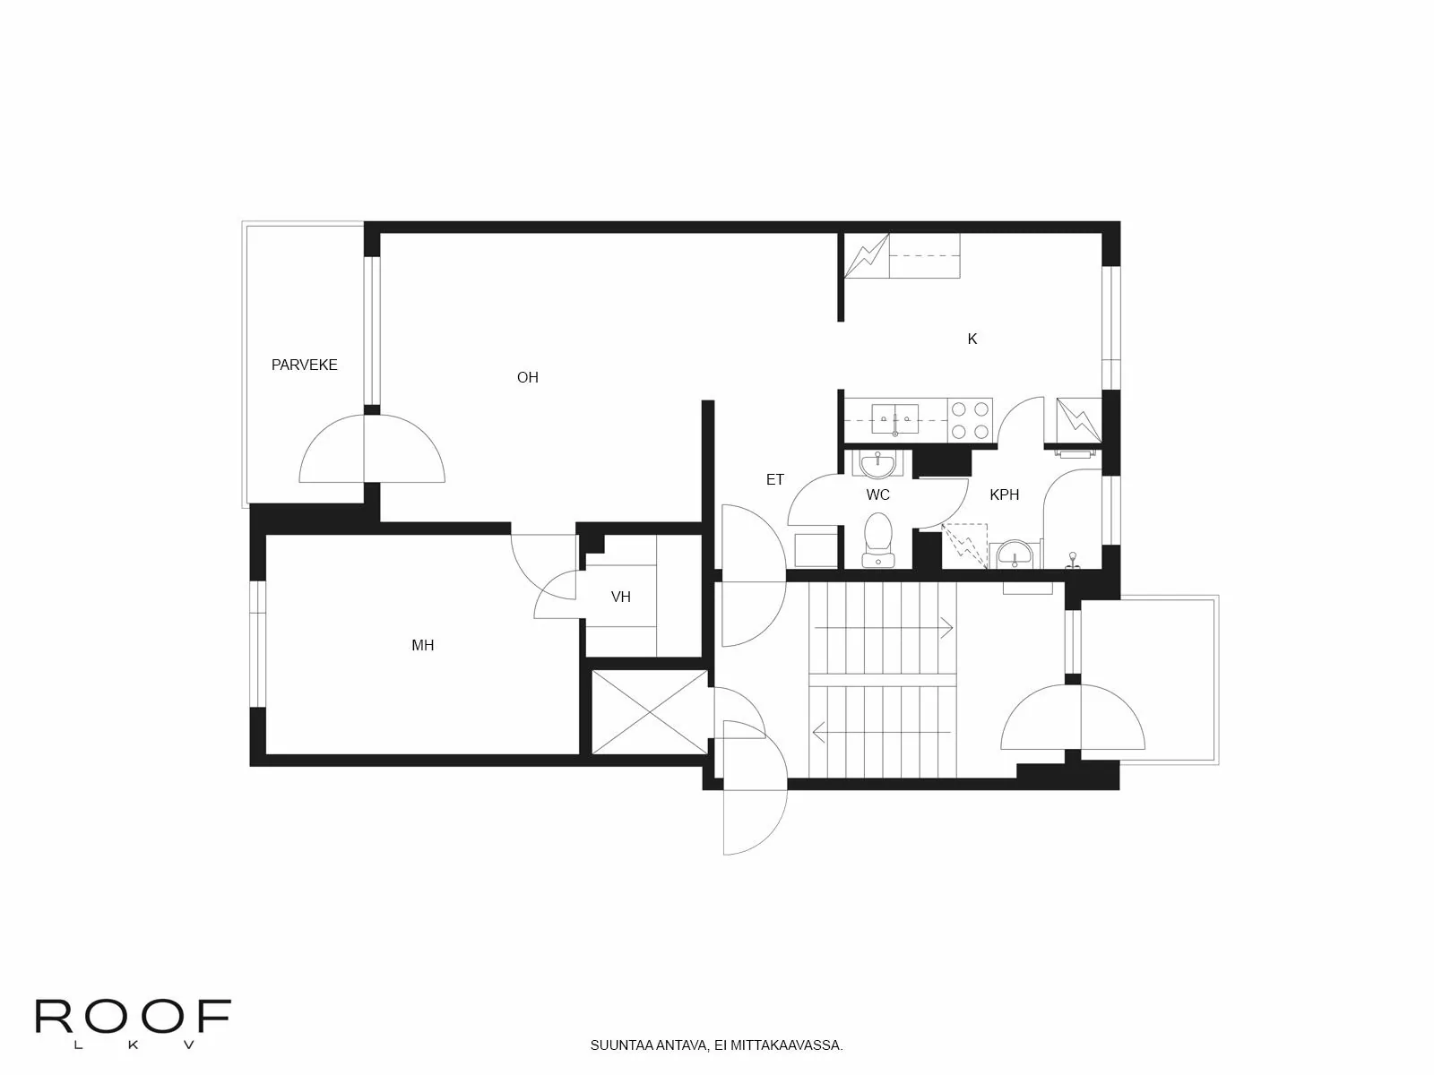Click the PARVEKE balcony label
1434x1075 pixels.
tap(304, 365)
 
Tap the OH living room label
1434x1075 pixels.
tap(527, 377)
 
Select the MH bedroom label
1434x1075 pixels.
tap(422, 645)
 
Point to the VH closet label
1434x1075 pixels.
tap(620, 597)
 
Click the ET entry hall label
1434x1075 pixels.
tap(774, 480)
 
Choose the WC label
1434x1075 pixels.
tap(877, 494)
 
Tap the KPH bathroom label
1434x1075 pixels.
tap(1004, 494)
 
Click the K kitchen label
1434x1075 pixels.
tap(972, 339)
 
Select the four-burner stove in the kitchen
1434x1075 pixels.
tap(971, 420)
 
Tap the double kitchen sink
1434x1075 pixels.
tap(894, 418)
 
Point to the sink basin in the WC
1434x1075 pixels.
tap(876, 463)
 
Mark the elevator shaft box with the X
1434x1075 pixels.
tap(649, 712)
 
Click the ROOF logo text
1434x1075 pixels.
tap(133, 1017)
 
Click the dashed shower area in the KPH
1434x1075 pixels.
tap(964, 545)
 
